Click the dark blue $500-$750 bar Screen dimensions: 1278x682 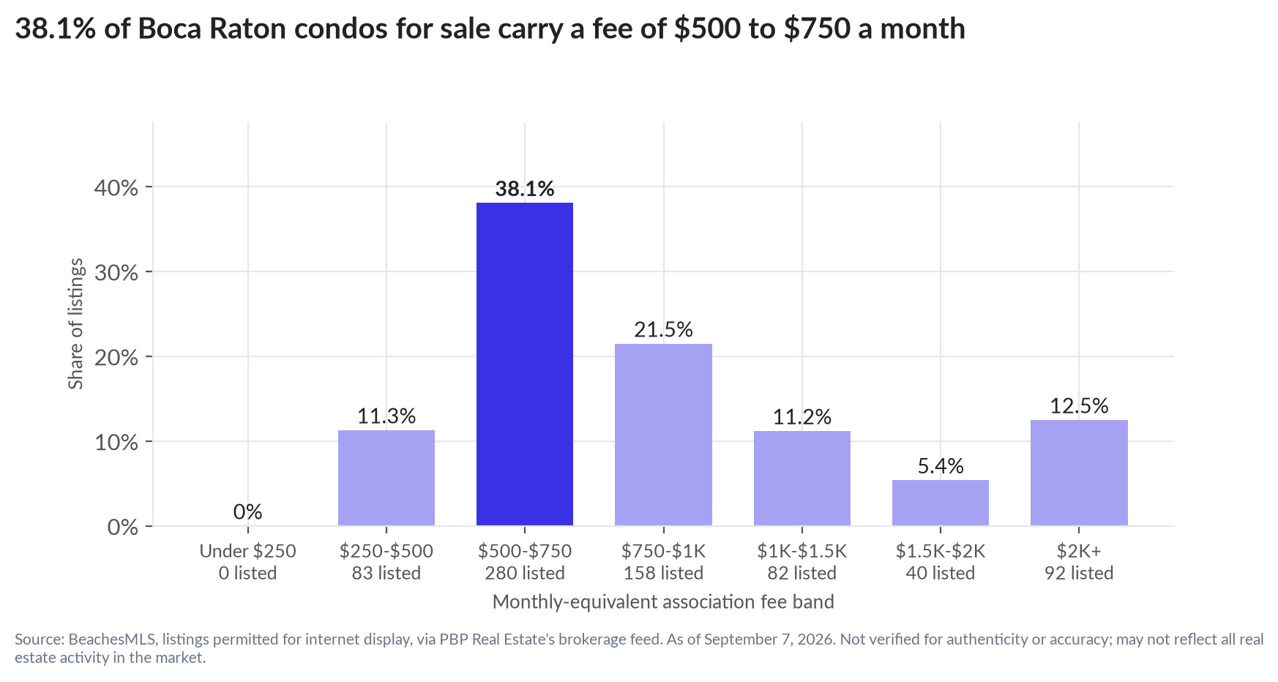pyautogui.click(x=525, y=364)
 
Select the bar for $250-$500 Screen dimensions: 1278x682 pyautogui.click(x=386, y=478)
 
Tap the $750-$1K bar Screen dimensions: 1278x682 pyautogui.click(x=663, y=435)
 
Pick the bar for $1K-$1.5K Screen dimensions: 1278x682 pyautogui.click(x=802, y=478)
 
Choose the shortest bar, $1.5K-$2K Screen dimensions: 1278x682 pyautogui.click(x=941, y=503)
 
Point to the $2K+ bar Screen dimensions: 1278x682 pyautogui.click(x=1079, y=473)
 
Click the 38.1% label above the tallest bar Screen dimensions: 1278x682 pyautogui.click(x=525, y=189)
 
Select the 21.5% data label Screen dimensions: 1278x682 pyautogui.click(x=663, y=329)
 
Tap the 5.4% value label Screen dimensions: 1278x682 pyautogui.click(x=941, y=466)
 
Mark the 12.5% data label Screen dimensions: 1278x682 pyautogui.click(x=1079, y=405)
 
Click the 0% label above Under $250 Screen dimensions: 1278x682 pyautogui.click(x=248, y=511)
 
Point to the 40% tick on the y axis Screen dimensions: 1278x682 pyautogui.click(x=116, y=188)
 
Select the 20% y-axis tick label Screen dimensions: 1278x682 pyautogui.click(x=116, y=358)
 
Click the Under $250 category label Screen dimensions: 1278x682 pyautogui.click(x=248, y=551)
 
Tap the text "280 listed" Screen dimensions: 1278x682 pyautogui.click(x=525, y=573)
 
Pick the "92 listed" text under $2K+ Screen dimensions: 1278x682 pyautogui.click(x=1079, y=573)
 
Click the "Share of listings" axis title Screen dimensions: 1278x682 pyautogui.click(x=76, y=324)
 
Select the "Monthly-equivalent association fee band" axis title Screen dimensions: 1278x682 pyautogui.click(x=663, y=602)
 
